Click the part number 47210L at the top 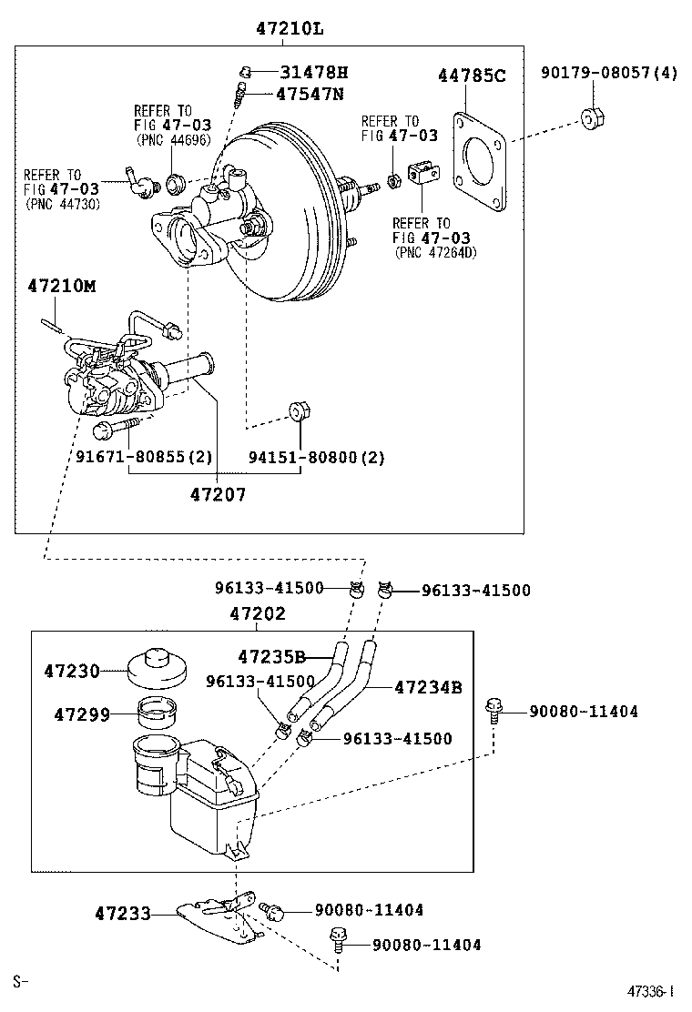[x=289, y=28]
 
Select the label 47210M [x=62, y=286]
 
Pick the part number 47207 [x=218, y=495]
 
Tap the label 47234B [x=428, y=687]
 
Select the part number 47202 [x=257, y=613]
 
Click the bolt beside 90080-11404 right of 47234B [x=494, y=709]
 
